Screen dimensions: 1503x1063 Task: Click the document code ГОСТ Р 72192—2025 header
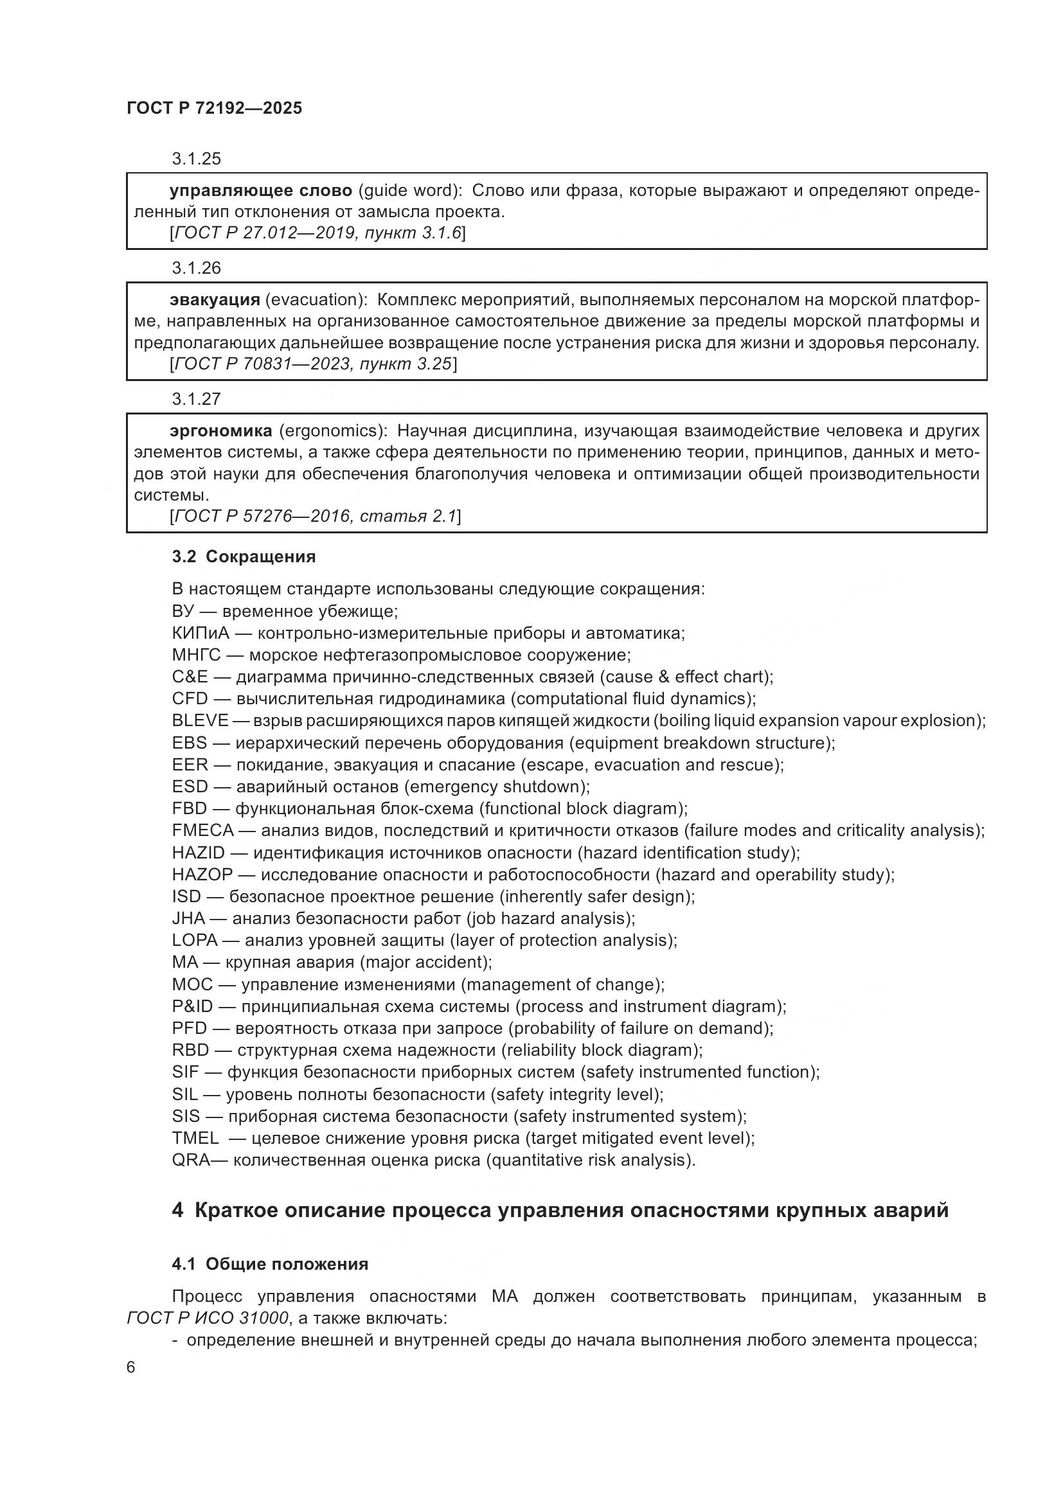pos(214,109)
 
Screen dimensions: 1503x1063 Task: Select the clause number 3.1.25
pos(197,159)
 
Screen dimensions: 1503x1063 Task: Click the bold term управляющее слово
pos(260,190)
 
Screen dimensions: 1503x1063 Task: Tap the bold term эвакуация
pos(215,300)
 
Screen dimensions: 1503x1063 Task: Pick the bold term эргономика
pos(220,431)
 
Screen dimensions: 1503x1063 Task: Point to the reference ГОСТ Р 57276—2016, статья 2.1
pos(315,517)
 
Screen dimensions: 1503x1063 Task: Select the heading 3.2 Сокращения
pos(244,556)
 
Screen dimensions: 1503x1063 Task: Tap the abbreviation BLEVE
pos(201,721)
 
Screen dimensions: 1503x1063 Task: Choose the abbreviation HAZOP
pos(202,875)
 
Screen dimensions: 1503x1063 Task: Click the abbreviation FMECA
pos(203,831)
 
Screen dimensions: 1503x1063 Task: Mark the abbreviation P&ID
pos(192,1006)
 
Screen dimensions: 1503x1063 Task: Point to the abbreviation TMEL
pos(195,1138)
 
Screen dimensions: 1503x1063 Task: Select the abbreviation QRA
pos(191,1160)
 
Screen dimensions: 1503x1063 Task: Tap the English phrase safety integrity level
pos(576,1094)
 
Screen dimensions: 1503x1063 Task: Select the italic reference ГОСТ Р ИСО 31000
pos(208,1318)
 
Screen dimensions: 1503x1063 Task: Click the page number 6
pos(131,1367)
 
